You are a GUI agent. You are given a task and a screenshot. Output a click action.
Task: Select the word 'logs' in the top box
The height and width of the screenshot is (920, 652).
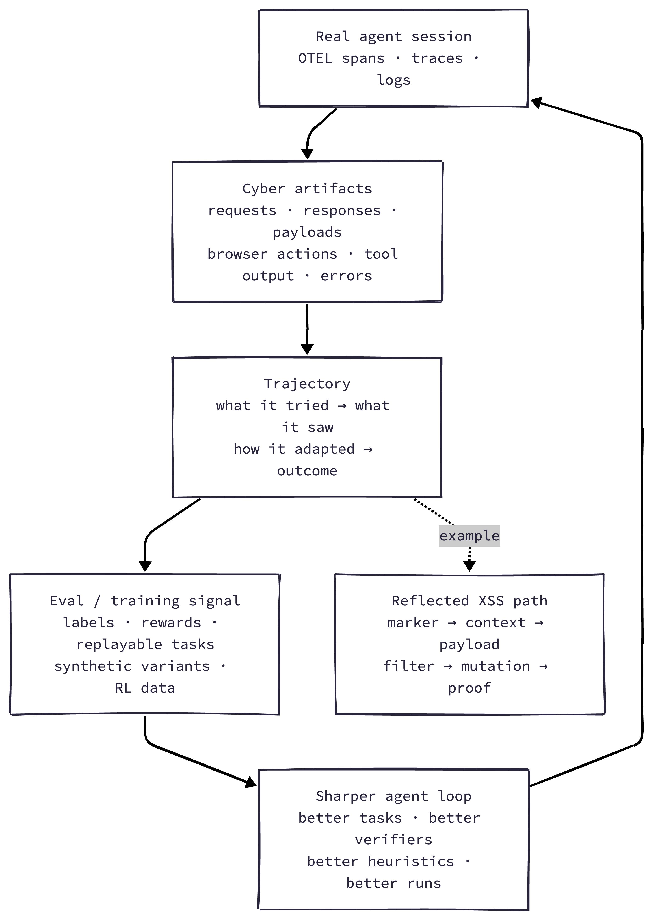[394, 80]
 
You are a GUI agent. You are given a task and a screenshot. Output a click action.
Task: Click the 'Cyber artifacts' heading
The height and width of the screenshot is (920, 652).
[307, 188]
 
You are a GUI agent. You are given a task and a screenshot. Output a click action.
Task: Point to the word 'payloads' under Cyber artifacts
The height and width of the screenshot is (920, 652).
[307, 232]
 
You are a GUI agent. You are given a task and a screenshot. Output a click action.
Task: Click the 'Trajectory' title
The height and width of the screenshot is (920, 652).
[307, 384]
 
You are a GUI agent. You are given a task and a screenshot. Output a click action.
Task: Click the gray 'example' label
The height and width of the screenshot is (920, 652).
[469, 536]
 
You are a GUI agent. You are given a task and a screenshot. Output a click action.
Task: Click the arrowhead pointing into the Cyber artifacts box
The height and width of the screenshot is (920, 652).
[307, 154]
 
